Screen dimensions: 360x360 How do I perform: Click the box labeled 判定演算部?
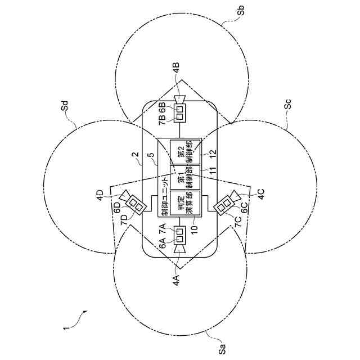pos(186,204)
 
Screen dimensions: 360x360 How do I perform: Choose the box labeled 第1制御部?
pos(186,177)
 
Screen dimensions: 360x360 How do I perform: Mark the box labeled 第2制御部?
pos(186,151)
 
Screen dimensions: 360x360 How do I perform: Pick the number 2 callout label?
pos(134,156)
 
